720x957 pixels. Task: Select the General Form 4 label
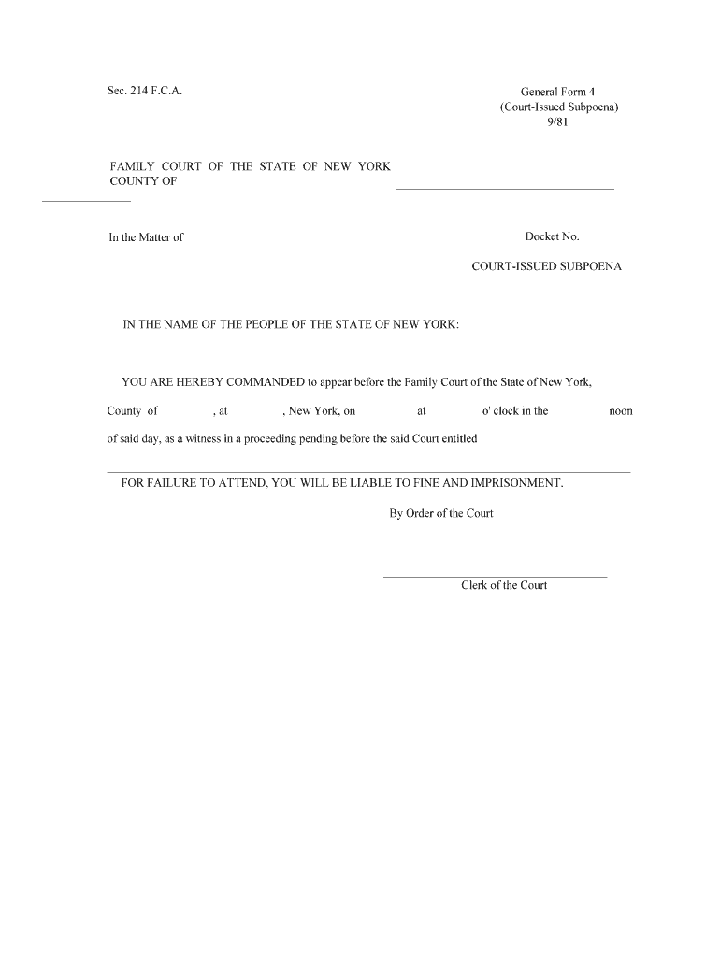coord(557,92)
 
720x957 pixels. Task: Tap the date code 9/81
coord(558,121)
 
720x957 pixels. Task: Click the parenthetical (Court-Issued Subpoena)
coord(558,107)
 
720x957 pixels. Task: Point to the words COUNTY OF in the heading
coord(143,181)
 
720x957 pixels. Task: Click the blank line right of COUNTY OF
coord(505,189)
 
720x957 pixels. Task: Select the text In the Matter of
coord(146,237)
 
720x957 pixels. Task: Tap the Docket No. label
coord(553,237)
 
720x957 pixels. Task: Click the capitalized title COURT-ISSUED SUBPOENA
coord(546,266)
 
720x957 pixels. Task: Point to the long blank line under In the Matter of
coord(195,293)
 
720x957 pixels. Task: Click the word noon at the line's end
coord(621,411)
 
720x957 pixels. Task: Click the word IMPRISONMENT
coord(516,483)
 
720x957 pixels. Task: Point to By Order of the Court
coord(441,513)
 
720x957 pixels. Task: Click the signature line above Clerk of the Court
coord(495,577)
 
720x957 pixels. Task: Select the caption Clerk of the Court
coord(504,586)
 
